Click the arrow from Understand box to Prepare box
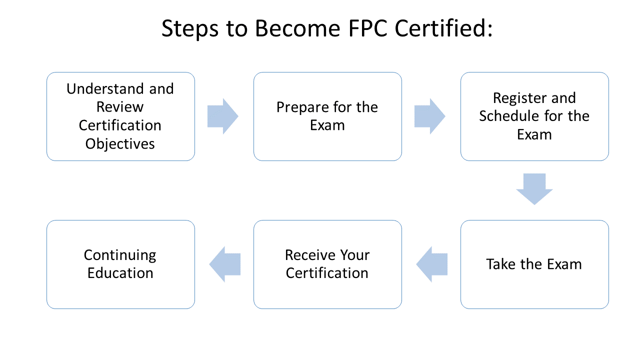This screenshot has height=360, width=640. (223, 116)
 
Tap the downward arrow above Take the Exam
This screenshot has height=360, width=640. (534, 189)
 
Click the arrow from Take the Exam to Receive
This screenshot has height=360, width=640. (432, 264)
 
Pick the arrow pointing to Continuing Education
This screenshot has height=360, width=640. (225, 264)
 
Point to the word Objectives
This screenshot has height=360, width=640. (120, 144)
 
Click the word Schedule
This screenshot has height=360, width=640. (507, 116)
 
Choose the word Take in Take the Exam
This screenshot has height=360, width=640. (500, 264)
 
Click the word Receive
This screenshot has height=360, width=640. (305, 255)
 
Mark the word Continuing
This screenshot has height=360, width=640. (120, 255)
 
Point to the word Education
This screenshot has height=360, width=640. (120, 273)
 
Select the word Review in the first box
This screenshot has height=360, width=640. (120, 107)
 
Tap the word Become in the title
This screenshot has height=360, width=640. (296, 28)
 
